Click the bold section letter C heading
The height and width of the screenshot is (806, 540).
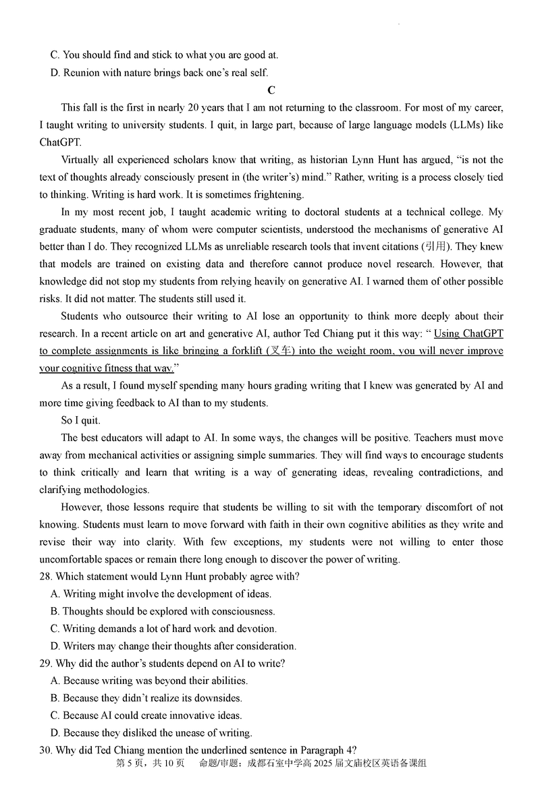(271, 90)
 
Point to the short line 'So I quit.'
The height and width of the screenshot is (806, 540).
(80, 421)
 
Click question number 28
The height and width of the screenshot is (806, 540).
(45, 577)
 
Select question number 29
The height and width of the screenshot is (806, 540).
(45, 664)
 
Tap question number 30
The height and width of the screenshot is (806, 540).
(45, 750)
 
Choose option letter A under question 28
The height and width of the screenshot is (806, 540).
(55, 594)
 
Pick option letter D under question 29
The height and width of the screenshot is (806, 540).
(55, 733)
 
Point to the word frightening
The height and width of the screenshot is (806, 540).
(277, 195)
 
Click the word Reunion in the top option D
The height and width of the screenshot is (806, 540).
(82, 73)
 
